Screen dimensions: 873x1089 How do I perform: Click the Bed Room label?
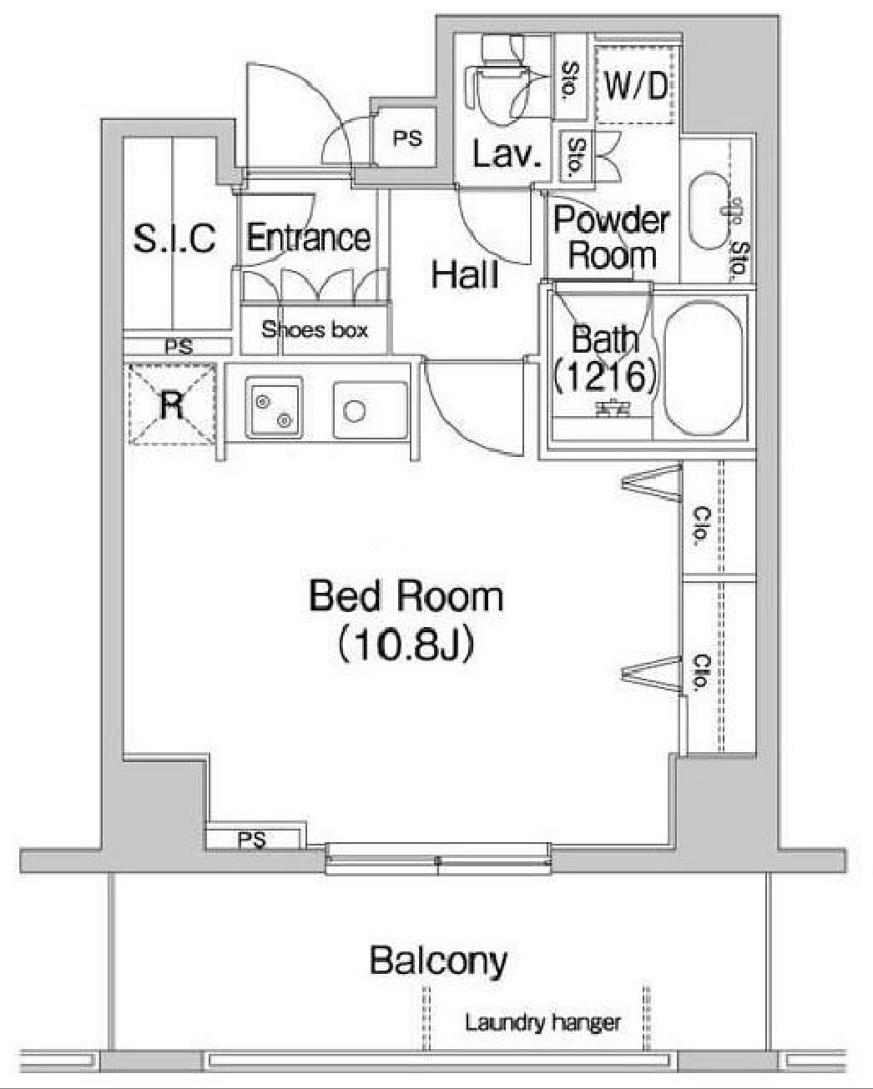click(406, 598)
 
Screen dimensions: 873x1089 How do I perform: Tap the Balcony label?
click(438, 961)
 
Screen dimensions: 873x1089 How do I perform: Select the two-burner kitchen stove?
click(274, 408)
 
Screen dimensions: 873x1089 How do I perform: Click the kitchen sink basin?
click(371, 410)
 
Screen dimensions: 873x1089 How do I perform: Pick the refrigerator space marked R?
click(172, 405)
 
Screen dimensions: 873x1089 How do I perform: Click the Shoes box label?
click(315, 330)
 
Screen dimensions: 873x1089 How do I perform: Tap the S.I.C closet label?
click(174, 238)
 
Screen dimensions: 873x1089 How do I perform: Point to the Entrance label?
click(309, 238)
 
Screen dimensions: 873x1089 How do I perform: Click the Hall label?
click(465, 275)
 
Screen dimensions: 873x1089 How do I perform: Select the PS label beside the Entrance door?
click(408, 138)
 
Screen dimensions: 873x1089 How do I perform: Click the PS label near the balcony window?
click(252, 840)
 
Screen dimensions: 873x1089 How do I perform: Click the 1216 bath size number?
click(605, 375)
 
